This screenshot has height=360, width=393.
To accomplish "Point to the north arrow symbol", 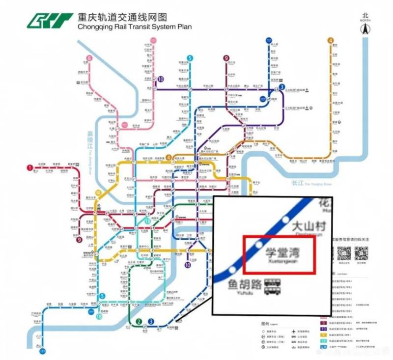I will coord(365,28).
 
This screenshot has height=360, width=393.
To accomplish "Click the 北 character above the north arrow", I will coord(365,14).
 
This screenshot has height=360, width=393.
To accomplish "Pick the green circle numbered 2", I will coord(139,322).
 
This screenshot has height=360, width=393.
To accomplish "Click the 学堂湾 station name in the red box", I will coord(282,252).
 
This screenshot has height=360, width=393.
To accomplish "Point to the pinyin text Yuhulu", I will coord(244,294).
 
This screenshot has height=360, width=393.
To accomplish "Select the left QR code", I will coord(342,253).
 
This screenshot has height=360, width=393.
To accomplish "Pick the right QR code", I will coord(362,253).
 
